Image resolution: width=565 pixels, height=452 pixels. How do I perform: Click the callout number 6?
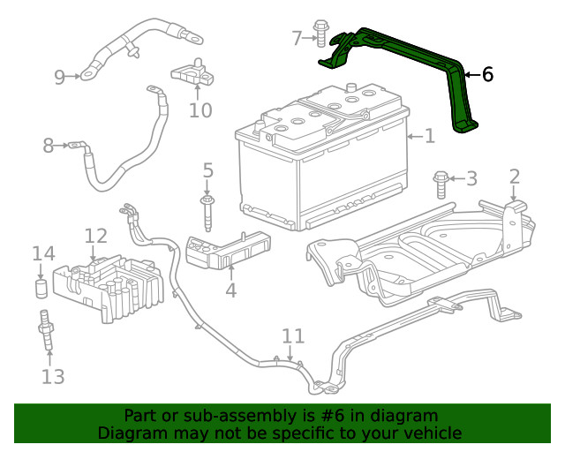point(486,75)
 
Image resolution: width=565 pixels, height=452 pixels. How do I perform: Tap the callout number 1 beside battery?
point(430,137)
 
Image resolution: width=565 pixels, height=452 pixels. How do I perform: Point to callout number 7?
point(297,37)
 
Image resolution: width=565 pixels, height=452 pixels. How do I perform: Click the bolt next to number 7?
point(320,35)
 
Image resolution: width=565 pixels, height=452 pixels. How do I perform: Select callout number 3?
point(471,179)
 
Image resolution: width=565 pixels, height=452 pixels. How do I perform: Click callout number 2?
point(515,177)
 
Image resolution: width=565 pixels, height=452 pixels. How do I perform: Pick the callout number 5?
point(207,169)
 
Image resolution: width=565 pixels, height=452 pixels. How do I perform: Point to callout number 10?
point(200,110)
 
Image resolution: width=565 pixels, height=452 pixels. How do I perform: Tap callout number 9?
point(60,77)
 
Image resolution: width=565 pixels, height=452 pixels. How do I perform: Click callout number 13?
point(53,377)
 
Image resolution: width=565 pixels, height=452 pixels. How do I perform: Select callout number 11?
point(293,336)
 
